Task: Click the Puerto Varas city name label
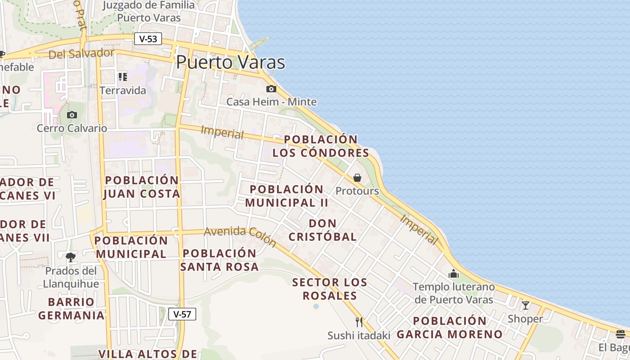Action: click(230, 62)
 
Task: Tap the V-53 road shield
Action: click(148, 39)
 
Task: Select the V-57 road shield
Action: click(182, 314)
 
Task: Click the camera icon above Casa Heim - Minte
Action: click(271, 89)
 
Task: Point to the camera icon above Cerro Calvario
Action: click(72, 115)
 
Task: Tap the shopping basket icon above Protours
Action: click(357, 178)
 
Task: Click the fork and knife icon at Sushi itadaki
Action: click(359, 322)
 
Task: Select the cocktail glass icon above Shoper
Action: click(525, 306)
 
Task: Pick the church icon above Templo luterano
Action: click(453, 274)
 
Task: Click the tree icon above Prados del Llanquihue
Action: click(71, 257)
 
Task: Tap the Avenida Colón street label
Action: click(240, 236)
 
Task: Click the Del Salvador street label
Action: click(81, 54)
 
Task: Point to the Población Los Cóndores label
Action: click(321, 146)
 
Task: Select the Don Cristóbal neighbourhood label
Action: click(323, 230)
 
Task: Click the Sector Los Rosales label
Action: click(329, 289)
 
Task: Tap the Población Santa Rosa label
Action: click(220, 260)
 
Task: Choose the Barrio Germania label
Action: click(71, 308)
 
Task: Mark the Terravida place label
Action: click(123, 90)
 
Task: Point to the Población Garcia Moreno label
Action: click(450, 328)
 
